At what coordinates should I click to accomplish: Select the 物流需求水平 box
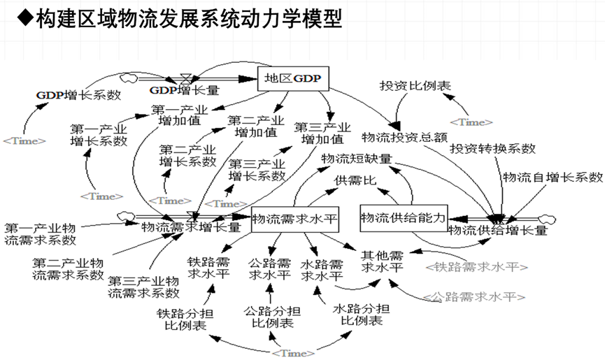(x=294, y=220)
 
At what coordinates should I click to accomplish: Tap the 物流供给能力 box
(x=402, y=218)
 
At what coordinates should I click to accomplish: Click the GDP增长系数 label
(x=79, y=94)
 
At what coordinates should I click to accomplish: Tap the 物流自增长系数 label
(x=552, y=176)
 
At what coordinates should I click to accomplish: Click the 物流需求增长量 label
(x=191, y=226)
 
